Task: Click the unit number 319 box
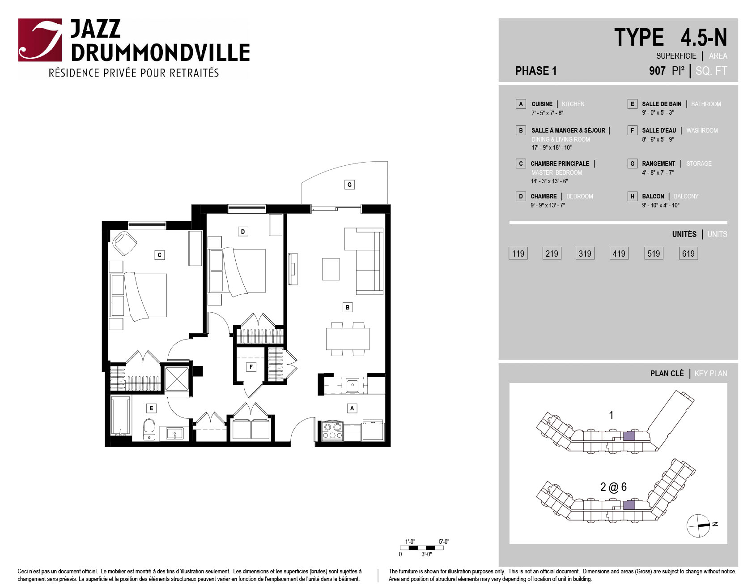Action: (x=585, y=254)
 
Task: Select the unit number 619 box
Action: (x=688, y=254)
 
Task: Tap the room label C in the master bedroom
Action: (x=160, y=255)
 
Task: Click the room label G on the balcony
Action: (x=349, y=185)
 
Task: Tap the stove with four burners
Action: (x=332, y=430)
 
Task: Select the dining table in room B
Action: (x=348, y=339)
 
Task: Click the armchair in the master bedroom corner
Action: (x=124, y=243)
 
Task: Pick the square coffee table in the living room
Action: (x=331, y=269)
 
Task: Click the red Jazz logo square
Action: (x=40, y=40)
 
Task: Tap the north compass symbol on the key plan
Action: (x=699, y=525)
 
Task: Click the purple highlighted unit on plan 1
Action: (x=629, y=436)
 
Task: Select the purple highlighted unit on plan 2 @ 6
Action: (x=629, y=505)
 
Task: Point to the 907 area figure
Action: (x=657, y=71)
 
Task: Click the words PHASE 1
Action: (x=536, y=71)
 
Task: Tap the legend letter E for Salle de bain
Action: (x=632, y=104)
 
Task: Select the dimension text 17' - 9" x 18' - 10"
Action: (x=552, y=148)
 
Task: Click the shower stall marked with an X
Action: (x=177, y=379)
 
